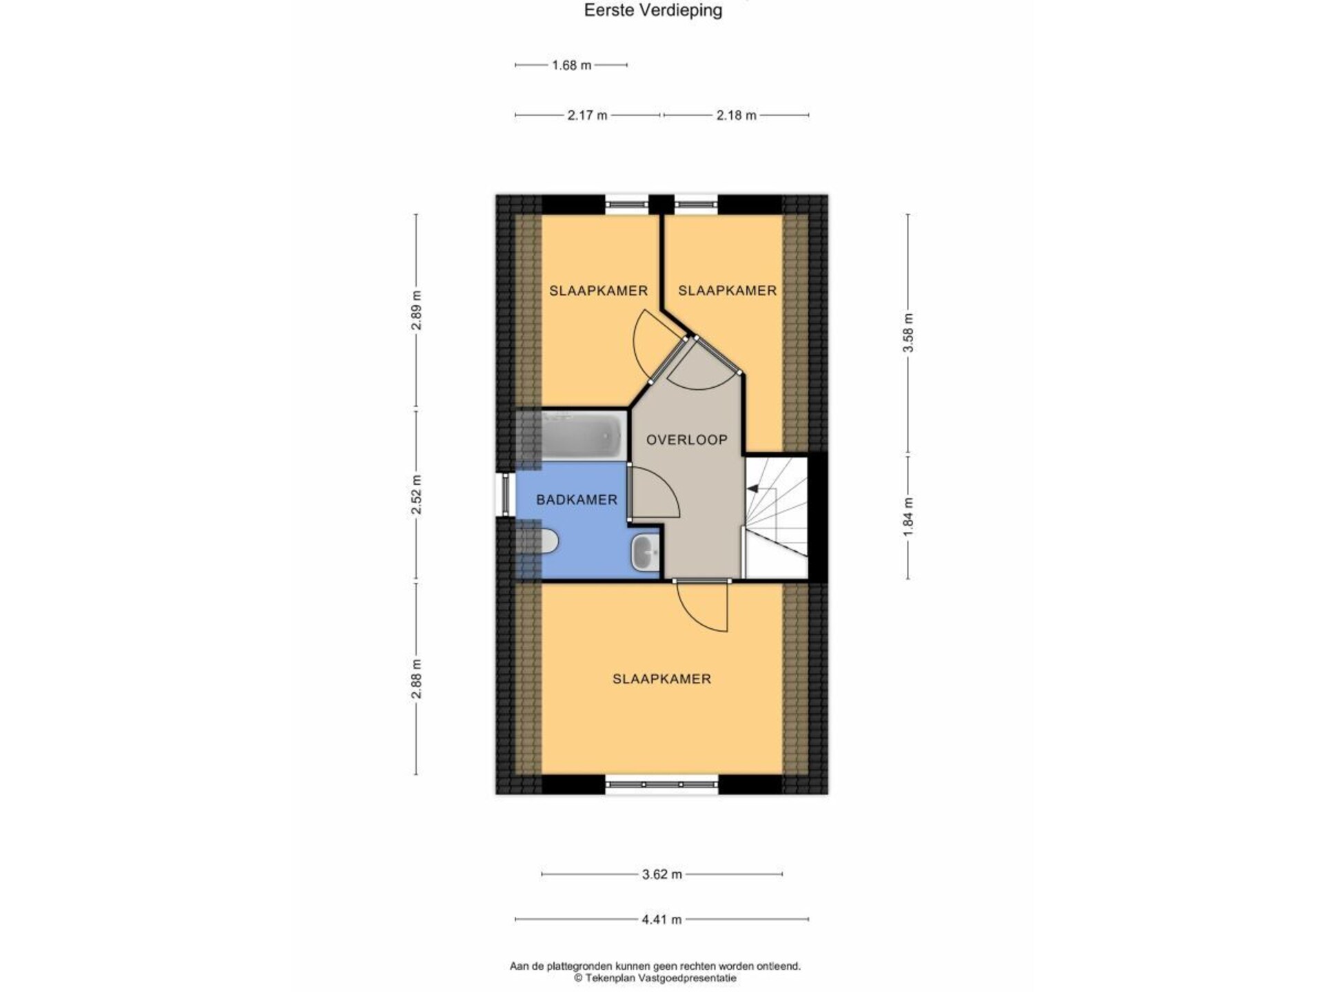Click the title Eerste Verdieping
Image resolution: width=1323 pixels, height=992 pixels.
click(653, 10)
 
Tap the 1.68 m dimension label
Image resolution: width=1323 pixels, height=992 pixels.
click(571, 65)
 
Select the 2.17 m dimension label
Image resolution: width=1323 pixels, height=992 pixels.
click(587, 115)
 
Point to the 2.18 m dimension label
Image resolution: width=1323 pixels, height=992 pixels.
click(736, 115)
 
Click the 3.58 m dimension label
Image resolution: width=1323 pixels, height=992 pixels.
click(908, 333)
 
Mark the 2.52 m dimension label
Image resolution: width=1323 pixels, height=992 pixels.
click(416, 495)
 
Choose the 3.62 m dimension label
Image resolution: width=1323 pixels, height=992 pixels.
click(661, 874)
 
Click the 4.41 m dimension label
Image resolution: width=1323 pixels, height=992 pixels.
click(661, 919)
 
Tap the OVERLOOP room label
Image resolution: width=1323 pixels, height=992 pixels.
click(686, 440)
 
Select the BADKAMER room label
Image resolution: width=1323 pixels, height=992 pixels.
click(577, 499)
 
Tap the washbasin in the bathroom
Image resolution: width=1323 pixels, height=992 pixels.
click(645, 552)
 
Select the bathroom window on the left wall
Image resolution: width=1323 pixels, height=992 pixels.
click(506, 493)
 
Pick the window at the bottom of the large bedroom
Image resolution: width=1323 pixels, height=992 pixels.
click(661, 784)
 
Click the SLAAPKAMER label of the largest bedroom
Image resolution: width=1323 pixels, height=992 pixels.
click(661, 679)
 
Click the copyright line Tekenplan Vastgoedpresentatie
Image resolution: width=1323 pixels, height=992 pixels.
click(655, 978)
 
